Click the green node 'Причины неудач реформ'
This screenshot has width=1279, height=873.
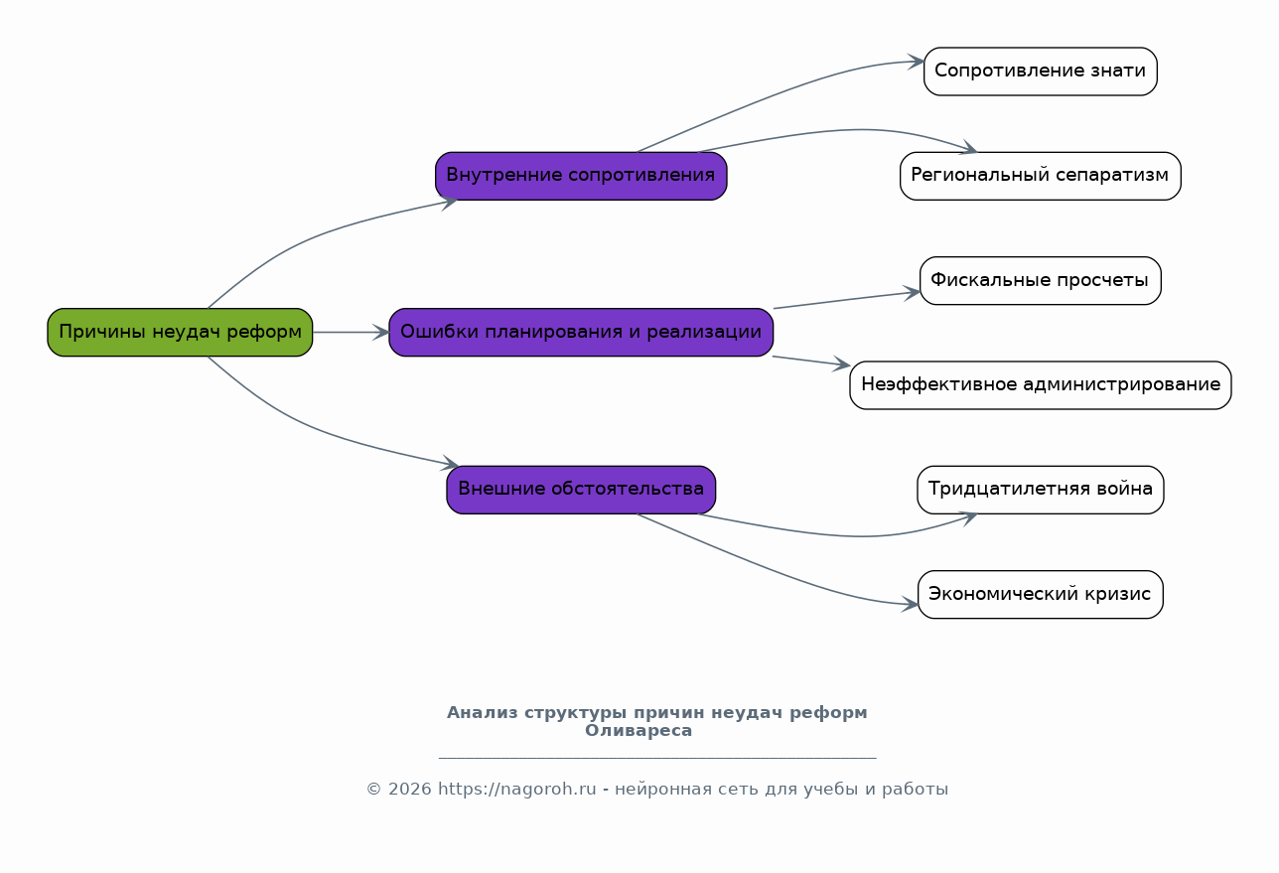pos(180,333)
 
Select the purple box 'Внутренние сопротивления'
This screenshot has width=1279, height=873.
pos(581,176)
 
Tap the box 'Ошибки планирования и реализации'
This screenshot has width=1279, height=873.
pos(581,333)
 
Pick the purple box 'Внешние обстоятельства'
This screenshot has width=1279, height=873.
pos(581,490)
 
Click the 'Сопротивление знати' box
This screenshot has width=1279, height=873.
pos(1041,72)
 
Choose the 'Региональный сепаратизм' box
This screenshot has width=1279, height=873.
pos(1041,176)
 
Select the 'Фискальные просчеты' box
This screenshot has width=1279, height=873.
pos(1041,280)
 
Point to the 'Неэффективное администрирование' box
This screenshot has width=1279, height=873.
pos(1041,384)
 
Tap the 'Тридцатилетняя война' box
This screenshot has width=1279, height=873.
pos(1041,490)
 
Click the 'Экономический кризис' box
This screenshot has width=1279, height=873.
pos(1041,594)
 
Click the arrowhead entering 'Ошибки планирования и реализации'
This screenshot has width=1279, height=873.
pos(381,333)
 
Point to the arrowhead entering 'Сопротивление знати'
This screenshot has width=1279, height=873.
pos(917,62)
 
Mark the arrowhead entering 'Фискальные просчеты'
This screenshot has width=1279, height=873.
pos(912,293)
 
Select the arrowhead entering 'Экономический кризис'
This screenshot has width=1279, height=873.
pos(911,604)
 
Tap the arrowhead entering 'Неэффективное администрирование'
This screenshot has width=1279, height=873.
pos(842,364)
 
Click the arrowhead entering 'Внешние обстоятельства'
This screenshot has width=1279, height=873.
pos(450,464)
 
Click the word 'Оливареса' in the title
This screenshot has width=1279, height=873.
pos(639,731)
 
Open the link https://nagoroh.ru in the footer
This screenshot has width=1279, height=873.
pos(516,789)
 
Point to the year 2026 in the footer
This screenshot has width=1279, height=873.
pos(409,789)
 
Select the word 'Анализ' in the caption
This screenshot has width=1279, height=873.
pos(482,712)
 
